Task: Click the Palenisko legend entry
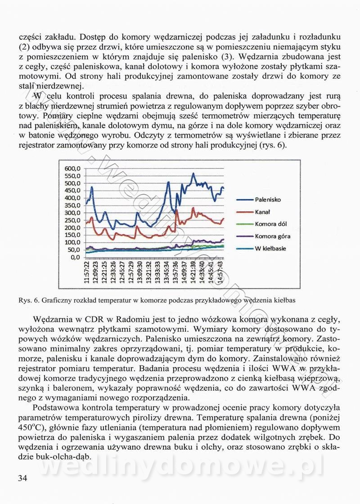(268, 199)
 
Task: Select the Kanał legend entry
(262, 211)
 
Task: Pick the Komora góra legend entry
(272, 236)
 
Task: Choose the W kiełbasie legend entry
(270, 248)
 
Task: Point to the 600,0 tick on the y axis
(72, 168)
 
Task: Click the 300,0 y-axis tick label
(72, 213)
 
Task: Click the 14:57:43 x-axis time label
(219, 272)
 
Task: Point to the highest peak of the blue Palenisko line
(193, 174)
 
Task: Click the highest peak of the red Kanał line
(193, 208)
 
